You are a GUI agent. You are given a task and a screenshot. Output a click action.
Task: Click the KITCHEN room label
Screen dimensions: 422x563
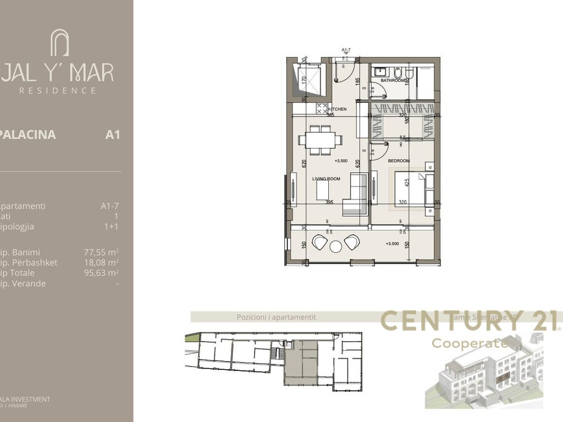338,109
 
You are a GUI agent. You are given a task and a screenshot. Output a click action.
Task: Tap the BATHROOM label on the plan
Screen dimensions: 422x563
394,81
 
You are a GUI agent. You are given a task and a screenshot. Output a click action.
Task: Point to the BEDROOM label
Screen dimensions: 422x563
399,160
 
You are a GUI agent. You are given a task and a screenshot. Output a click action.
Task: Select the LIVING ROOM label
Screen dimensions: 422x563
327,179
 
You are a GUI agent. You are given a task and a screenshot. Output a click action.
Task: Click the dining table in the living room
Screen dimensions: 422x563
318,140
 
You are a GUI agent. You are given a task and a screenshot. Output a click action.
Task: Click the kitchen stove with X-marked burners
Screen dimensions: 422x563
322,109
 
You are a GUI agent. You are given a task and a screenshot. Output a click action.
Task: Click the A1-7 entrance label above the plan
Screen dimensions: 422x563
346,50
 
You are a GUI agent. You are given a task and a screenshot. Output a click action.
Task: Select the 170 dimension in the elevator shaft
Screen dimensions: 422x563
304,79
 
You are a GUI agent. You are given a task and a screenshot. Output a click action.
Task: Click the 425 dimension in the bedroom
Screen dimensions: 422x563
407,182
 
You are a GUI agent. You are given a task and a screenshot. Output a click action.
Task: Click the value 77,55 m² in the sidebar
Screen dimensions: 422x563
101,252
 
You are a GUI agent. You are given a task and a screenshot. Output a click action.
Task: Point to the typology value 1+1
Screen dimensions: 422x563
112,226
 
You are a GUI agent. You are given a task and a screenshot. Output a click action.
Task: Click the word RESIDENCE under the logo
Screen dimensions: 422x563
58,90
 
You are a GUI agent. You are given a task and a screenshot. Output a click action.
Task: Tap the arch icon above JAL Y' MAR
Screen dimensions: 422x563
59,43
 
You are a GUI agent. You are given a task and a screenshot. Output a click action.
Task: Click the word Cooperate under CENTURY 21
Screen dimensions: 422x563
470,343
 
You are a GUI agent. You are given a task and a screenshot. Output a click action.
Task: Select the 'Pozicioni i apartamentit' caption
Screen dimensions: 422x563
276,317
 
